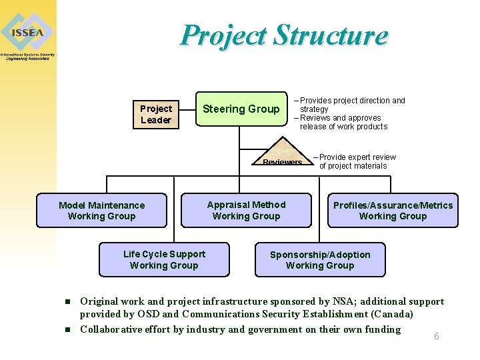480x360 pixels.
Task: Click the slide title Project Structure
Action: (x=283, y=35)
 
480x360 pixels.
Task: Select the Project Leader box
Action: (x=156, y=114)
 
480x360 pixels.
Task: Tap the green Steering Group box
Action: (x=241, y=109)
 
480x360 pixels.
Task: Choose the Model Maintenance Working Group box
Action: (x=101, y=211)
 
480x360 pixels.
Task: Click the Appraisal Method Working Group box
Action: (x=246, y=210)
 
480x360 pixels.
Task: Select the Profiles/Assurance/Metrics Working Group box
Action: (x=393, y=211)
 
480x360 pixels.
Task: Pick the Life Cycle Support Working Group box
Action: (x=164, y=259)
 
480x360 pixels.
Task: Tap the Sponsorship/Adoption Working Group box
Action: (x=319, y=259)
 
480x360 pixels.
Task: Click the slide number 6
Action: (x=437, y=336)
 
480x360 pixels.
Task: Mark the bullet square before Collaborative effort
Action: (x=67, y=329)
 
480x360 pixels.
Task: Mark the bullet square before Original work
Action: (x=67, y=302)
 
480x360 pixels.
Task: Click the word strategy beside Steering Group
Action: (x=314, y=109)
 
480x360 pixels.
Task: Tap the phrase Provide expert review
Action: (x=357, y=157)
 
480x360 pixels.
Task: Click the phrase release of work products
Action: (x=343, y=127)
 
